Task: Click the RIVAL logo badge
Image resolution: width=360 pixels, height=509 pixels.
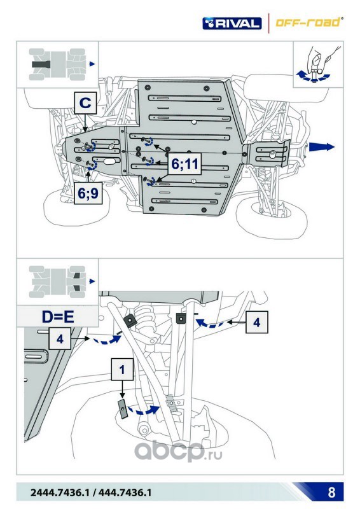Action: coord(232,24)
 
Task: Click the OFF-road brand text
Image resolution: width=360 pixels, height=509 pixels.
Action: coord(308,22)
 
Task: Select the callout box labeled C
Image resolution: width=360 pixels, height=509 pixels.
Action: coord(85,103)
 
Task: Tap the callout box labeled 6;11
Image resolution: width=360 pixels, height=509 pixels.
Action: coord(184,164)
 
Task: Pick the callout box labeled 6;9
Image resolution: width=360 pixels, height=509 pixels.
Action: coord(88,193)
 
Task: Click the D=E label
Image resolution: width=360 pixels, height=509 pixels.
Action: coord(58,316)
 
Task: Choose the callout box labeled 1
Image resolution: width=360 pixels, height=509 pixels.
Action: coord(122,370)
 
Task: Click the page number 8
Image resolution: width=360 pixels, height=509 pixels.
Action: coord(331,492)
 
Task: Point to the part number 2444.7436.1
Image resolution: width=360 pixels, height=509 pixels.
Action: coord(59,492)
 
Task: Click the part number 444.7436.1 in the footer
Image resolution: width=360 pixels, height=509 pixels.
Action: coord(125,492)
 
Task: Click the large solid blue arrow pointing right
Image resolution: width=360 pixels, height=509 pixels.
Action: coord(321,147)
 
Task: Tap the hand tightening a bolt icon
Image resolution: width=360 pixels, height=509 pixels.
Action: coord(317,64)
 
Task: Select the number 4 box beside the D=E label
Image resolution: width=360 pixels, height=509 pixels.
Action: coord(60,338)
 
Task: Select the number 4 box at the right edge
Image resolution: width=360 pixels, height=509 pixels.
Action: coord(257,322)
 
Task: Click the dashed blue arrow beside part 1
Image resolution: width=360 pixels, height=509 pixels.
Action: coord(143,410)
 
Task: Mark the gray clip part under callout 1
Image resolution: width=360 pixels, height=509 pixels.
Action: coord(122,408)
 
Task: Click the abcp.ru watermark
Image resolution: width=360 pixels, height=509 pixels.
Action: coord(178,451)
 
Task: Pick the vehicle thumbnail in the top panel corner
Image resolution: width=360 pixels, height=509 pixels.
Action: coord(59,64)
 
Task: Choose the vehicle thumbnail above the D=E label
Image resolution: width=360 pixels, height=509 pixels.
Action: coord(59,282)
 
